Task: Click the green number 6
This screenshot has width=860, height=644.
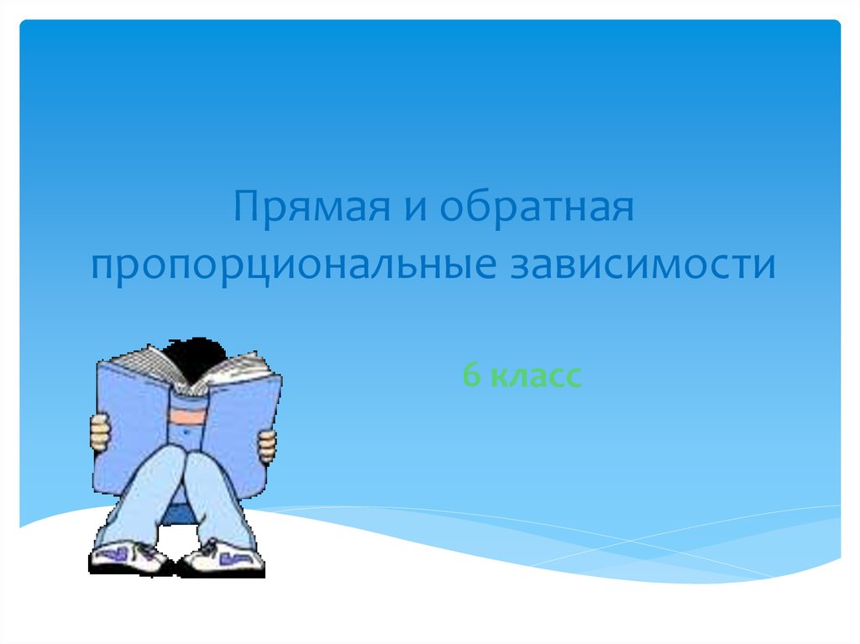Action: [x=472, y=375]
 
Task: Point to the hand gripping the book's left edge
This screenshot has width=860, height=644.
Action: [x=100, y=432]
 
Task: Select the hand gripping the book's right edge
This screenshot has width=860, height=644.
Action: [x=267, y=445]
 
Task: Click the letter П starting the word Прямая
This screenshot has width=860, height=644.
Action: [x=245, y=207]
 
